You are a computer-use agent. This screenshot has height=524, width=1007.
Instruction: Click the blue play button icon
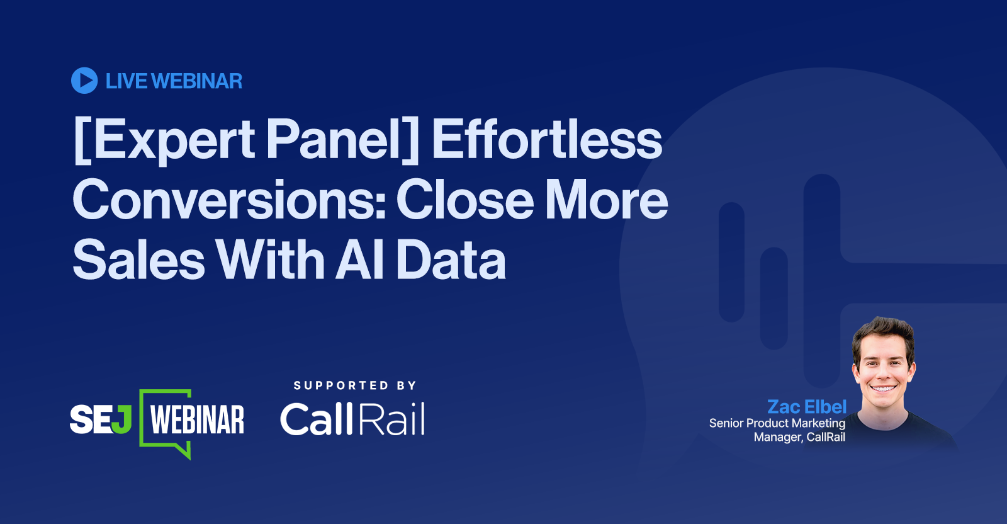84,81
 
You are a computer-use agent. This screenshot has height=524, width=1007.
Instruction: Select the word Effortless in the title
547,139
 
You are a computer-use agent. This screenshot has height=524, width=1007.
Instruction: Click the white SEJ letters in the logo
101,419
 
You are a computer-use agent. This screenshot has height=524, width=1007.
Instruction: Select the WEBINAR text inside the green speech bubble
198,419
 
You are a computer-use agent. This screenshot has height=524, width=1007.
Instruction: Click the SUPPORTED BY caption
355,385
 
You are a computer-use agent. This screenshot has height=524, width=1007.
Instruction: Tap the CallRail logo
352,419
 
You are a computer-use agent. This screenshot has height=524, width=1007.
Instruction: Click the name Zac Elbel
807,407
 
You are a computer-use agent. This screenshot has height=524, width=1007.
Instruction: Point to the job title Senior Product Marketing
777,423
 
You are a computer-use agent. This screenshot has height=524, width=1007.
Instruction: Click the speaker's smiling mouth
883,388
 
